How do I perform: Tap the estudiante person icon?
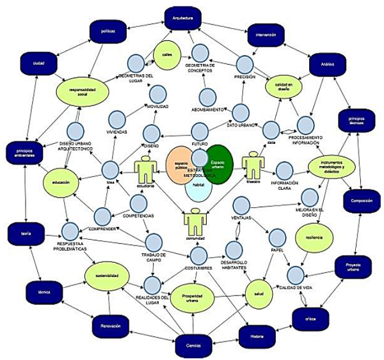point(145,173)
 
